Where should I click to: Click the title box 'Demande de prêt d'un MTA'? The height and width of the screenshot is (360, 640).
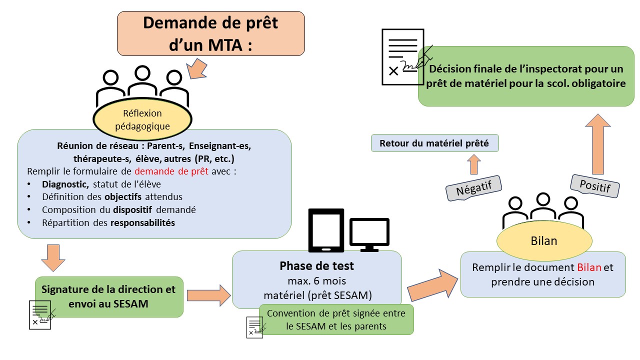[210, 33]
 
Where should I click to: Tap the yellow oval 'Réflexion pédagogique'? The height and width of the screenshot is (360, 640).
[142, 120]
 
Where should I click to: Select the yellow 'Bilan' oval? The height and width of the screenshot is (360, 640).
[543, 241]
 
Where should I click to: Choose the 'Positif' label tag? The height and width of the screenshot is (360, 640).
[595, 186]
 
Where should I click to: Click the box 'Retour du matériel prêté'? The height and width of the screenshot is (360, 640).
[434, 143]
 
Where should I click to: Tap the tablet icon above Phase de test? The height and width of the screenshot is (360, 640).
[325, 230]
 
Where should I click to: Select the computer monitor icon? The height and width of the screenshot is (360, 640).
[369, 234]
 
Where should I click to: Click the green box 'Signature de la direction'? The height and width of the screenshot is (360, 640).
[108, 296]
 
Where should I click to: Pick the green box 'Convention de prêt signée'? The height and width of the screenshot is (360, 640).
[336, 319]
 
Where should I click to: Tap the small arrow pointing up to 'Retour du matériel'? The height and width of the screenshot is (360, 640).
[473, 164]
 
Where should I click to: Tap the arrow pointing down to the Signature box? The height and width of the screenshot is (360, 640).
[52, 257]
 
